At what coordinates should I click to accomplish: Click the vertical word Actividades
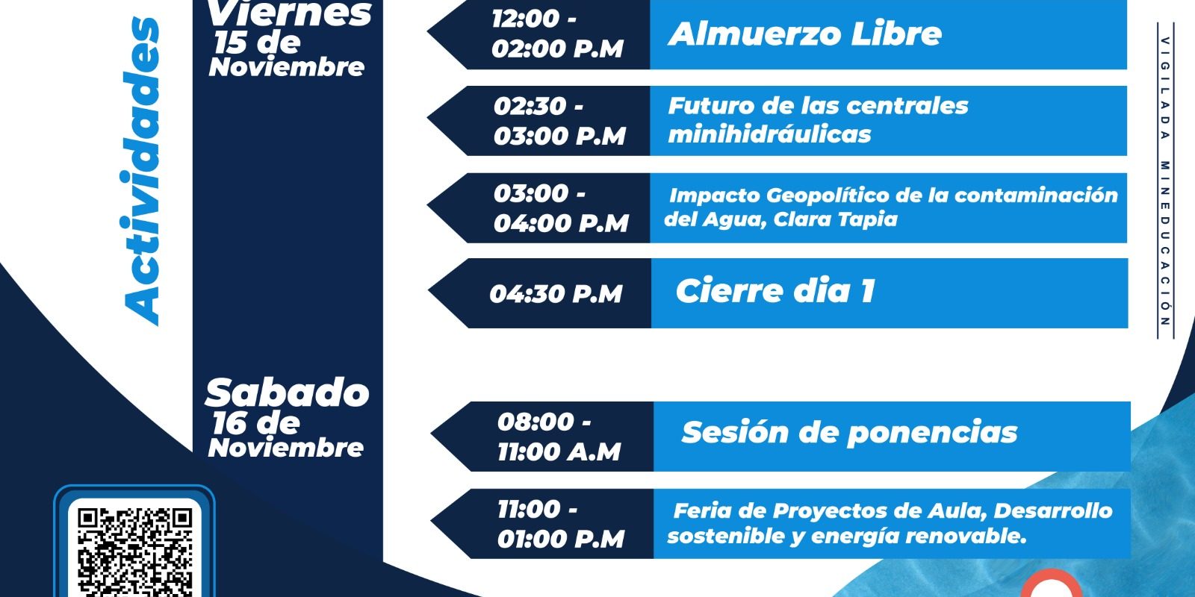click(x=142, y=172)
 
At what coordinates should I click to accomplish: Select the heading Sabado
click(x=287, y=393)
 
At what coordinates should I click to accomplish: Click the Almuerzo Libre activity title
click(x=804, y=34)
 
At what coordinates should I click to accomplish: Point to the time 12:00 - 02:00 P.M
click(x=557, y=34)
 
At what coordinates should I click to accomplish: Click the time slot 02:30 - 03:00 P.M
click(x=559, y=121)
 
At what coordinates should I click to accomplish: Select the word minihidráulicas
click(x=769, y=134)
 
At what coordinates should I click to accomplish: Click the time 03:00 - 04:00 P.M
click(x=561, y=208)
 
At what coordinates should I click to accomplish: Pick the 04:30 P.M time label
click(x=556, y=294)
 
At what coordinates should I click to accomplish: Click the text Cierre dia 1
click(x=775, y=291)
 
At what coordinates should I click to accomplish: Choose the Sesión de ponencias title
click(x=849, y=432)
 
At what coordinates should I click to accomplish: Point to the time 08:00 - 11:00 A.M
click(x=559, y=437)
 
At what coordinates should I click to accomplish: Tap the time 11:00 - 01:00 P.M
click(x=561, y=525)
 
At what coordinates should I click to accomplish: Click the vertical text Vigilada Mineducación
click(x=1165, y=181)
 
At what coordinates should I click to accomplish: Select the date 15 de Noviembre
click(x=287, y=55)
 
